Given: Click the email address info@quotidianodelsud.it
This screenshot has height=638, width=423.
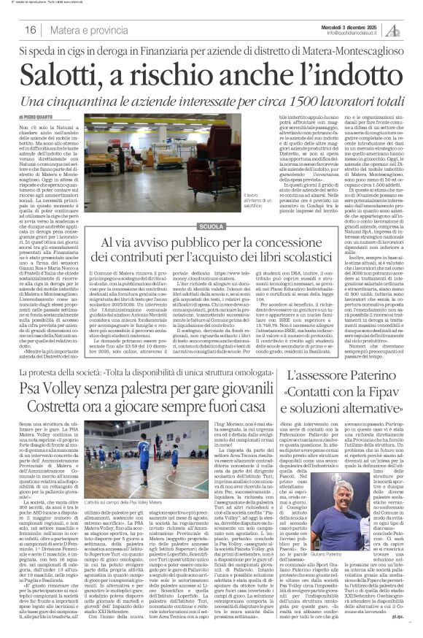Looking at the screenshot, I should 361,33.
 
